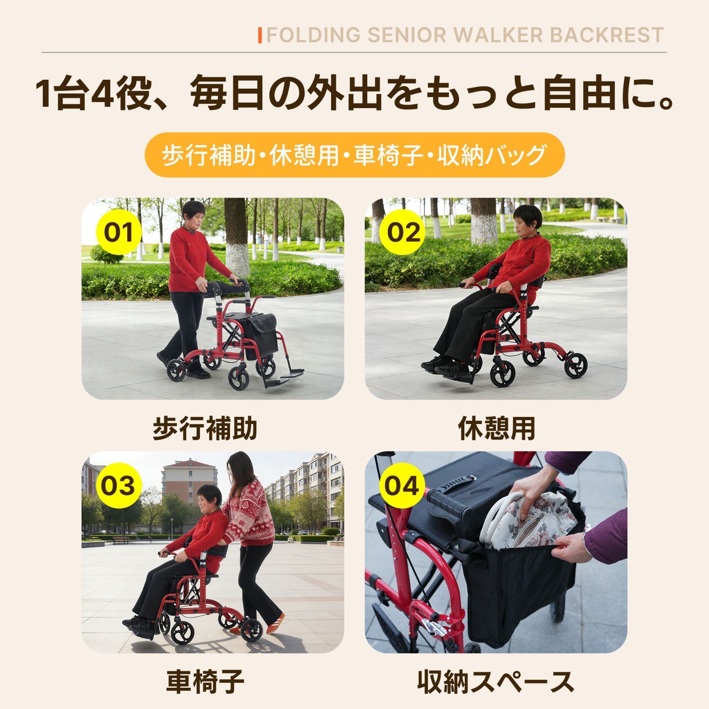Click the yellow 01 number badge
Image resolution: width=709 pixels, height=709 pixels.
(118, 232)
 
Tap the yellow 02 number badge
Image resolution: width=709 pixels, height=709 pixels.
(403, 232)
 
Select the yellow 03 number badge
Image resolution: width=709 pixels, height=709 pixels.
(118, 485)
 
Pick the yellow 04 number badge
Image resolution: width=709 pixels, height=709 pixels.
(401, 485)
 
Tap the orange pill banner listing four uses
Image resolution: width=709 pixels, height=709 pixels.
(354, 155)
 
